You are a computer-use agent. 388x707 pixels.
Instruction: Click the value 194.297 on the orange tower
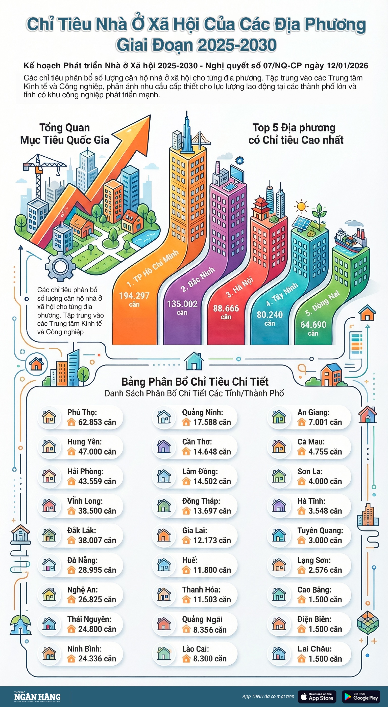[x=134, y=296]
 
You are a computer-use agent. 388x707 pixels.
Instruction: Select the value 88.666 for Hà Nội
[x=226, y=308]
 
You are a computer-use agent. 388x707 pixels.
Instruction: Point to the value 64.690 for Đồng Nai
[x=313, y=325]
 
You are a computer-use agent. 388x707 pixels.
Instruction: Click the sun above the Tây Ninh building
[x=301, y=206]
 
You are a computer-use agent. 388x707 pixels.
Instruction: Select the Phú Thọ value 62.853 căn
[x=97, y=422]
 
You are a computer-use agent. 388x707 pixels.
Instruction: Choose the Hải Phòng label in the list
[x=85, y=471]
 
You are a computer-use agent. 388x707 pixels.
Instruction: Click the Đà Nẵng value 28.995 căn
[x=97, y=570]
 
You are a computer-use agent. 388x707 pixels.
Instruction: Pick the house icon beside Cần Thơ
[x=164, y=446]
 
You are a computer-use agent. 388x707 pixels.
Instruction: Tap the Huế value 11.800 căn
[x=212, y=570]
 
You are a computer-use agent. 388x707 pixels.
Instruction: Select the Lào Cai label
[x=195, y=649]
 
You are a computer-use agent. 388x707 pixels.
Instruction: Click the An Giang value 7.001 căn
[x=325, y=422]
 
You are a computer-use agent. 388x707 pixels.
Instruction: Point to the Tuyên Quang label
[x=320, y=530]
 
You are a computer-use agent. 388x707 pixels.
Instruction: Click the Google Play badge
[x=361, y=696]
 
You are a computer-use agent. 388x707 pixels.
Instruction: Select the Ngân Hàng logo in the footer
[x=37, y=697]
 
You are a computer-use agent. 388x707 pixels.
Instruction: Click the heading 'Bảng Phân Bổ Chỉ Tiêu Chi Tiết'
[x=195, y=382]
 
